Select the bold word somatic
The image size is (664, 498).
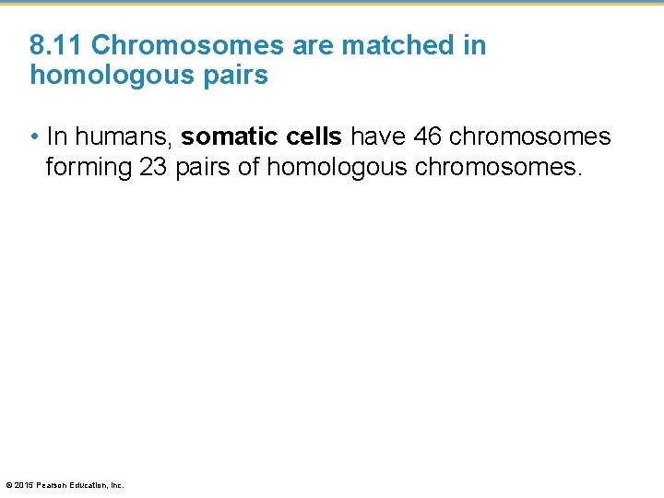tap(226, 137)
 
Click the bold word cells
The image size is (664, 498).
tap(310, 137)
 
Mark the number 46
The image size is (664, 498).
tap(428, 137)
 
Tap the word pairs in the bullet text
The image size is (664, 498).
tap(207, 168)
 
